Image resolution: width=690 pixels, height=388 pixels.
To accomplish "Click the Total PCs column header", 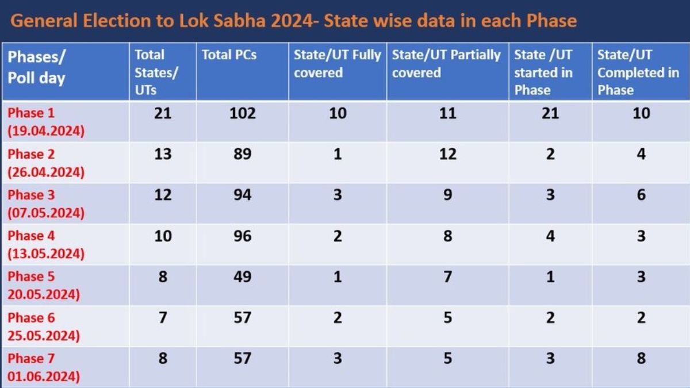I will pyautogui.click(x=229, y=55).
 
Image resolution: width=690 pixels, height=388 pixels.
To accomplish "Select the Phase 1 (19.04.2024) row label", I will pyautogui.click(x=45, y=122).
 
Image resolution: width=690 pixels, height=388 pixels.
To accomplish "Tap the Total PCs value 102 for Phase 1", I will pyautogui.click(x=243, y=113).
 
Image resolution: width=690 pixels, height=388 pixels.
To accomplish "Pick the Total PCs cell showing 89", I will pyautogui.click(x=243, y=154).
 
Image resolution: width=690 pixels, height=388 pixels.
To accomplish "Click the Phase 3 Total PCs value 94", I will pyautogui.click(x=243, y=195).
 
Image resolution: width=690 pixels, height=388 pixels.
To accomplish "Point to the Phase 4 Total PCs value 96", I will pyautogui.click(x=243, y=236).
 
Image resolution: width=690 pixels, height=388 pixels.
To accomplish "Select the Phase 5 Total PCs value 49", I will pyautogui.click(x=243, y=276).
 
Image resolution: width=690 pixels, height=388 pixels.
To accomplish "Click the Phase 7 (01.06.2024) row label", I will pyautogui.click(x=43, y=367).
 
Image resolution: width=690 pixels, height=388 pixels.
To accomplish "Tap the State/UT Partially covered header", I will pyautogui.click(x=446, y=64).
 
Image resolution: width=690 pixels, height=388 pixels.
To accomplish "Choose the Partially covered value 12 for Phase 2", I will pyautogui.click(x=447, y=154).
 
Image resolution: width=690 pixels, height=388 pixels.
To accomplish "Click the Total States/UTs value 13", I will pyautogui.click(x=163, y=154).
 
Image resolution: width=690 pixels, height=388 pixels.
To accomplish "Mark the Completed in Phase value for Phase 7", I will pyautogui.click(x=641, y=359).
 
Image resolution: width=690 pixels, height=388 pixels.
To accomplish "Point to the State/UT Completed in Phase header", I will pyautogui.click(x=638, y=72).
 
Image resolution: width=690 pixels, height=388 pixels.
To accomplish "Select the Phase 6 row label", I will pyautogui.click(x=43, y=326).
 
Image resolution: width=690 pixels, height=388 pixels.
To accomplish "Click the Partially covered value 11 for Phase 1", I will pyautogui.click(x=447, y=113).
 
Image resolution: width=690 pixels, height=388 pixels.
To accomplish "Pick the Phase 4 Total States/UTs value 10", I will pyautogui.click(x=163, y=236).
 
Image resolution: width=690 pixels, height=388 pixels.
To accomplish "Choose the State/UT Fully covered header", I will pyautogui.click(x=337, y=64).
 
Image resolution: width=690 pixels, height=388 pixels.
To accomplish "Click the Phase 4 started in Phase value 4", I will pyautogui.click(x=550, y=236).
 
